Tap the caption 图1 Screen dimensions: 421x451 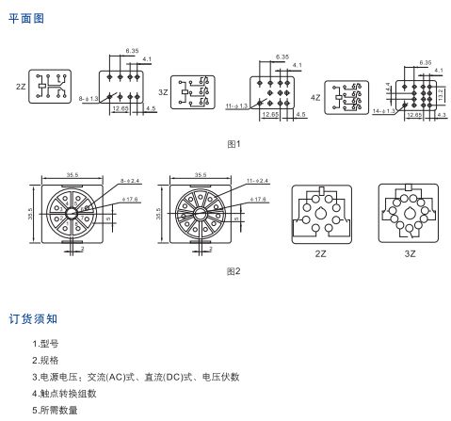pyautogui.click(x=234, y=143)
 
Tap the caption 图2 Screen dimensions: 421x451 pyautogui.click(x=234, y=271)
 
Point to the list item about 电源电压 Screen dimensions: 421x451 pyautogui.click(x=136, y=377)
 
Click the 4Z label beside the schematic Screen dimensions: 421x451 pyautogui.click(x=315, y=97)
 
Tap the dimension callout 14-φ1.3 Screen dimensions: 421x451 pyautogui.click(x=384, y=110)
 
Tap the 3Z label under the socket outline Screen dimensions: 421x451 pyautogui.click(x=408, y=253)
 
